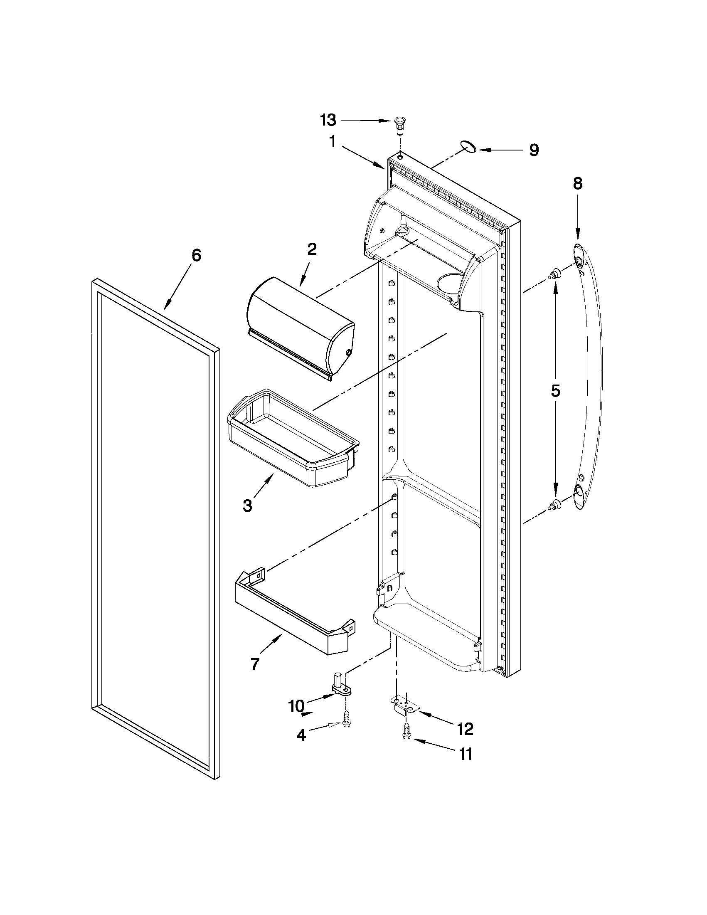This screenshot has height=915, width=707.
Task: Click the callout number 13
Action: [328, 120]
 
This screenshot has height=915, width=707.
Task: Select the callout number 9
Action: [533, 150]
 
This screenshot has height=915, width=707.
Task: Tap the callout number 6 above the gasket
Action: [196, 255]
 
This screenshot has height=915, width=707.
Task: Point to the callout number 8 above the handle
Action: [578, 183]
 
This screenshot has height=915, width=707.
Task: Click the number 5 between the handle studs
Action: [555, 390]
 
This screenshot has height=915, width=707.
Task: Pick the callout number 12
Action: [466, 729]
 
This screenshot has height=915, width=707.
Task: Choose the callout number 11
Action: [466, 754]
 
